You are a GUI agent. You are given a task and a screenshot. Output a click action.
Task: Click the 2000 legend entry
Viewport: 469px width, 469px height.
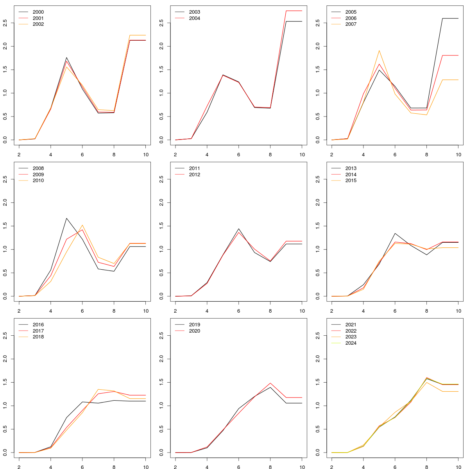pyautogui.click(x=38, y=12)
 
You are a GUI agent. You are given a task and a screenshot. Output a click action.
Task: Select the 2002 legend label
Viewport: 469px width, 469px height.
pyautogui.click(x=38, y=24)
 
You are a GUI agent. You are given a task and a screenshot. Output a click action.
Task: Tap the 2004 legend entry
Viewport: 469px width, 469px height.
pyautogui.click(x=194, y=18)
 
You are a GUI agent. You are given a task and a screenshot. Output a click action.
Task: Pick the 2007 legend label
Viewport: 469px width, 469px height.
pyautogui.click(x=351, y=24)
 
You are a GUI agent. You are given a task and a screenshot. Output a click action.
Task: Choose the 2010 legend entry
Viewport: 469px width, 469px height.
pyautogui.click(x=38, y=181)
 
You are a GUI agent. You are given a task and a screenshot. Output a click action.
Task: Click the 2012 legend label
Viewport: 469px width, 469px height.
pyautogui.click(x=194, y=175)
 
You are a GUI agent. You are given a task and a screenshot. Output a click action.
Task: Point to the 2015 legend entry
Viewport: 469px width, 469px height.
pyautogui.click(x=351, y=181)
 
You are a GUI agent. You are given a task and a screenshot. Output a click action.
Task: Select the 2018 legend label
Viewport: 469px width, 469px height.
pyautogui.click(x=38, y=337)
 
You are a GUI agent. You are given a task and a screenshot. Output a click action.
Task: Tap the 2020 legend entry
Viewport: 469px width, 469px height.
pyautogui.click(x=194, y=331)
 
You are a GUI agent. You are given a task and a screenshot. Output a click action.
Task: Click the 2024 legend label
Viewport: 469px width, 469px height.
pyautogui.click(x=351, y=343)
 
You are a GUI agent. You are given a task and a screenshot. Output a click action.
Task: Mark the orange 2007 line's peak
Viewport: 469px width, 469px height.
pyautogui.click(x=379, y=50)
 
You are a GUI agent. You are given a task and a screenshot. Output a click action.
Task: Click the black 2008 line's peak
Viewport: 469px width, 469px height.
pyautogui.click(x=66, y=218)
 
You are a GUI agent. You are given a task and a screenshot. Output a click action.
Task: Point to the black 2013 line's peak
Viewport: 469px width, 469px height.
pyautogui.click(x=395, y=233)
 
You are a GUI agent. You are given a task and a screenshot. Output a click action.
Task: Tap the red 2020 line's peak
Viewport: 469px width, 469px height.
pyautogui.click(x=270, y=383)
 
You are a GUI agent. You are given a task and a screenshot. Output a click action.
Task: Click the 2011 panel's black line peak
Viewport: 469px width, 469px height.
pyautogui.click(x=238, y=229)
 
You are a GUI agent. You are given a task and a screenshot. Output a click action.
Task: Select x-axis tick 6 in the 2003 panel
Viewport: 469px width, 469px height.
pyautogui.click(x=238, y=154)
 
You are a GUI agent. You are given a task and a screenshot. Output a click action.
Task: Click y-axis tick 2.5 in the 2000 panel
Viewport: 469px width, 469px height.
pyautogui.click(x=5, y=23)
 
